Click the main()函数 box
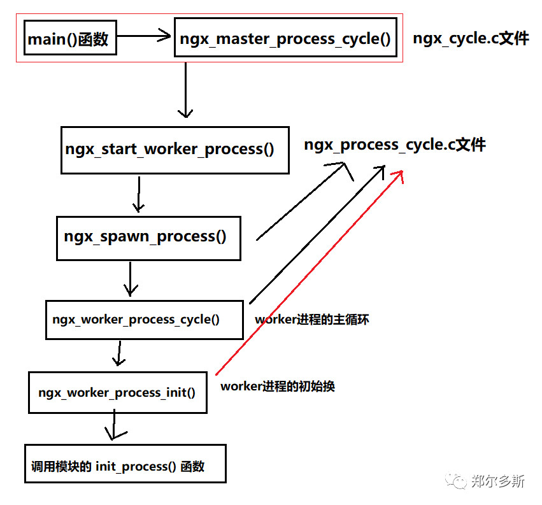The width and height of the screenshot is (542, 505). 69,39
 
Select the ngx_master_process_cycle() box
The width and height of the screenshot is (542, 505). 285,39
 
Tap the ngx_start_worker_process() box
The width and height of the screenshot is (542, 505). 174,150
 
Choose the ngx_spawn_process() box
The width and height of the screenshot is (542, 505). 148,238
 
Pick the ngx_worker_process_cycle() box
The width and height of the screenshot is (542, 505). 144,320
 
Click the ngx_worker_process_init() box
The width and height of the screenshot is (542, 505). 117,392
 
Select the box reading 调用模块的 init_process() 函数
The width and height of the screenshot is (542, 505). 125,466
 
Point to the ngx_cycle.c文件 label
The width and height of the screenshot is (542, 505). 471,39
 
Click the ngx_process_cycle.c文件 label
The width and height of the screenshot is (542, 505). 395,145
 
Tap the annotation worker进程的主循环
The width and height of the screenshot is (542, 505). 312,320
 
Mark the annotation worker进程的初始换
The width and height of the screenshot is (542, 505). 278,387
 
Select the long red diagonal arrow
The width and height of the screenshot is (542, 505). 310,273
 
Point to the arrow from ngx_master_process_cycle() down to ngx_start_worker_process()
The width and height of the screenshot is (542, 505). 185,90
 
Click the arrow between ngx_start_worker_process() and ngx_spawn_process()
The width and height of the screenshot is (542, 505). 138,194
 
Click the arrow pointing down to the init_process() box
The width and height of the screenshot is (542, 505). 114,425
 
